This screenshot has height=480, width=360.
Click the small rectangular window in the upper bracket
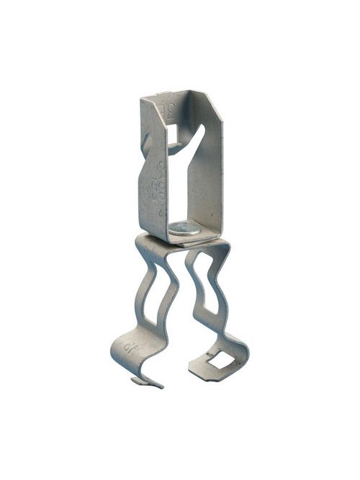point(172,134)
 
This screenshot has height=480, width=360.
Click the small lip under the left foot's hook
point(144,381)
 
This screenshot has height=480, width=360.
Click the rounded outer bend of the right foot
point(241,353)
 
